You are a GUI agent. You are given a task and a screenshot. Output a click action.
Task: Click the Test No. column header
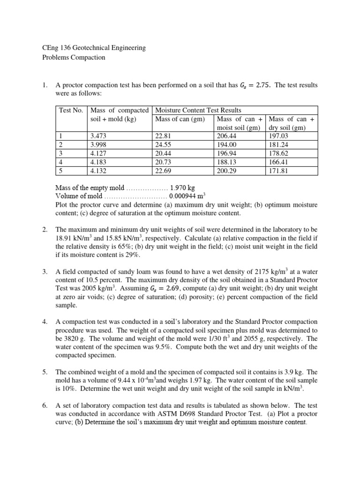tap(71, 110)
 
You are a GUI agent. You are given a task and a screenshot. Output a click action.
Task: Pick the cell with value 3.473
tap(98, 136)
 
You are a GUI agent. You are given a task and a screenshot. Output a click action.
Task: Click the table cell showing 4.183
tap(98, 162)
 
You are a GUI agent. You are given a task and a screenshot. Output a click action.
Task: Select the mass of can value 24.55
tap(165, 145)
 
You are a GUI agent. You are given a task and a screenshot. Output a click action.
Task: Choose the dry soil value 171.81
tap(280, 171)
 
